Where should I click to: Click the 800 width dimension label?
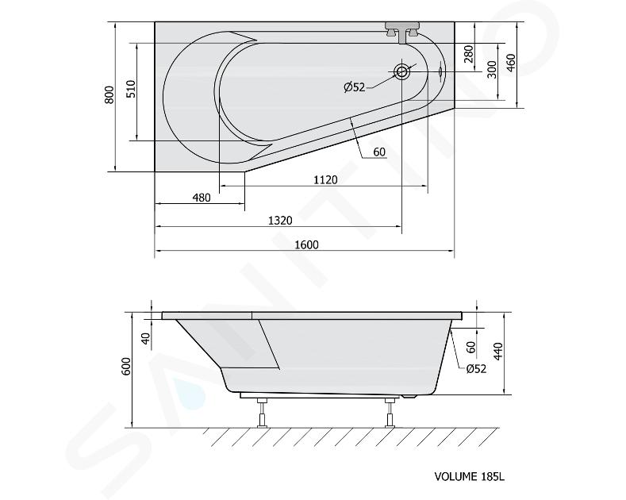click(x=109, y=94)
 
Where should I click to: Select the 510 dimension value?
click(x=131, y=89)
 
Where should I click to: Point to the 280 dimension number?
click(x=469, y=54)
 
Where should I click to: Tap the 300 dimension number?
click(x=492, y=69)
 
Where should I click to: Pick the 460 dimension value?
click(x=511, y=62)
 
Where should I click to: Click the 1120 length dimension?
click(x=325, y=179)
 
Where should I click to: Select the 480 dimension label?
click(x=202, y=198)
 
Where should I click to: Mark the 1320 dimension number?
click(x=280, y=220)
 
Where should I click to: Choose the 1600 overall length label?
click(x=306, y=244)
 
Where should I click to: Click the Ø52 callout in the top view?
click(x=355, y=87)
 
